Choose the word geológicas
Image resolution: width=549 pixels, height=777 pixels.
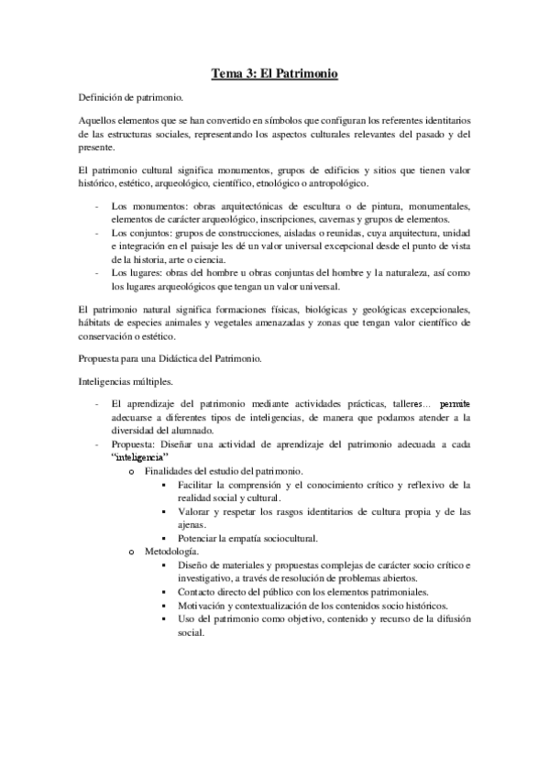[x=363, y=310]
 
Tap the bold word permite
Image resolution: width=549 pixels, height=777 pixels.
[x=456, y=402]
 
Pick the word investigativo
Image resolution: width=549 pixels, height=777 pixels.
[x=211, y=578]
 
